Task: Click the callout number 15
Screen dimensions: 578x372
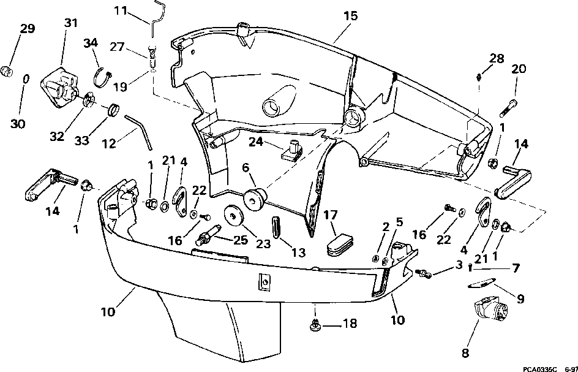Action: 350,17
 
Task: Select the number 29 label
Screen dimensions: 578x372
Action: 27,28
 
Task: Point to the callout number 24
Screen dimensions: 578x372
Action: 255,142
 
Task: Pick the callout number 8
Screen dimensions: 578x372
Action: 465,353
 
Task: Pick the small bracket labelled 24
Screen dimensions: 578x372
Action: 292,150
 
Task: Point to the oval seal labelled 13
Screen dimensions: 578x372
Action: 277,229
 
